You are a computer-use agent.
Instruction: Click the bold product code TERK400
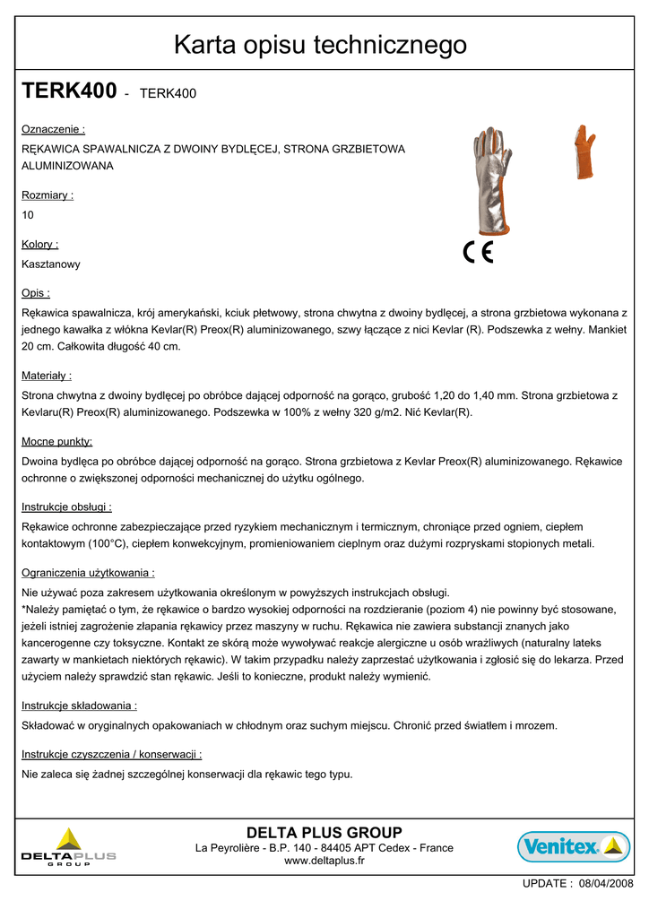click(69, 91)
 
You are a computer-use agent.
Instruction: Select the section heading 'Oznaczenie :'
click(53, 129)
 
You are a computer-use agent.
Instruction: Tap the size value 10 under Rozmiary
click(28, 215)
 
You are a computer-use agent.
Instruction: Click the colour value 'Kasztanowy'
click(51, 264)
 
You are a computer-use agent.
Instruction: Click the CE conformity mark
click(478, 253)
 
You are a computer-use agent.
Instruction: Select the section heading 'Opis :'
click(36, 293)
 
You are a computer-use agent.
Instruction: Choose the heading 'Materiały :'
click(47, 376)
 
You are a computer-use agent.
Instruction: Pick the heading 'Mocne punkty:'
click(56, 441)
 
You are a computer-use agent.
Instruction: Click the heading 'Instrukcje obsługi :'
click(66, 507)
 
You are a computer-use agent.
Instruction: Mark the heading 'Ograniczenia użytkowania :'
click(88, 572)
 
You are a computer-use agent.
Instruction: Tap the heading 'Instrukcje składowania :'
click(79, 706)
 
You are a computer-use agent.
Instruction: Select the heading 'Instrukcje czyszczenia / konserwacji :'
click(111, 755)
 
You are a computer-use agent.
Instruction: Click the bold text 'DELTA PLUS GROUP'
click(324, 832)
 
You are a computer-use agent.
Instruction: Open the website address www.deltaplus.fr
click(324, 861)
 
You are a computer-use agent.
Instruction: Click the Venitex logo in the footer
click(573, 845)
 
